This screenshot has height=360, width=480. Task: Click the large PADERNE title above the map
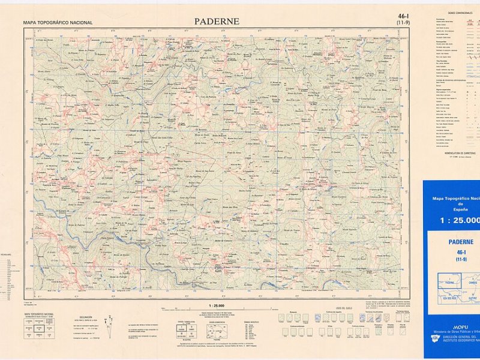click(x=217, y=22)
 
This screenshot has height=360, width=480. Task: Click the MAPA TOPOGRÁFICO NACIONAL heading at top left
click(x=58, y=23)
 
